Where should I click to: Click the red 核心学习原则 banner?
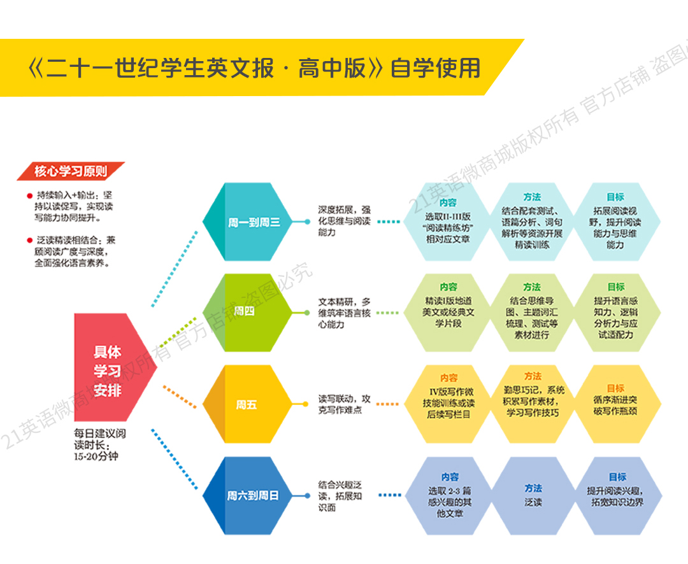click(71, 171)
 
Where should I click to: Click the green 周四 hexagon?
click(245, 312)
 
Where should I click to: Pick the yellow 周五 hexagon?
click(245, 404)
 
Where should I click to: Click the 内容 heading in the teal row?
click(448, 203)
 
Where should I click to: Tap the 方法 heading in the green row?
click(532, 287)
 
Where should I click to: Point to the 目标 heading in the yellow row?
click(615, 388)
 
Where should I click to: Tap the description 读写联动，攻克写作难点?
click(344, 404)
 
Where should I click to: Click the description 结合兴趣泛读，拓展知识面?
click(340, 495)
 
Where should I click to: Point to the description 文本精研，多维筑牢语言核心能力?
click(344, 313)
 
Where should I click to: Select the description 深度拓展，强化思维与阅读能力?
click(344, 221)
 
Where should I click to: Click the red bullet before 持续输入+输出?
click(29, 195)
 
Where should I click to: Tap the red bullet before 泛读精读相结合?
click(29, 241)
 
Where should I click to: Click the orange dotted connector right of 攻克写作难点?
click(390, 404)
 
